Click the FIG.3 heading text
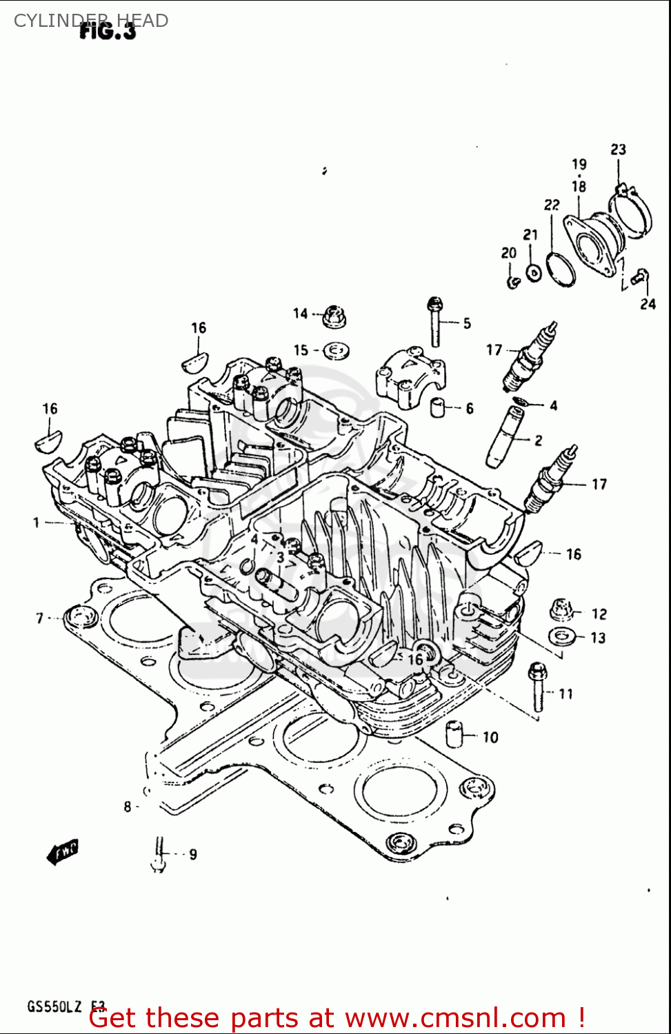tap(108, 30)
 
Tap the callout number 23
tap(618, 150)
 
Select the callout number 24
tap(648, 304)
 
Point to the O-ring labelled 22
tap(561, 269)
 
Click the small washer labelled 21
tap(534, 272)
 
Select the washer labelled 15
tap(336, 351)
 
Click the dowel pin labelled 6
tap(437, 407)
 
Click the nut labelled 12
tap(562, 609)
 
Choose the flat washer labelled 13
tap(563, 636)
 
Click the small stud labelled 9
tap(159, 854)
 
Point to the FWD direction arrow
tap(63, 851)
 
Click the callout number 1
tap(36, 523)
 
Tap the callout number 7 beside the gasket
tap(40, 618)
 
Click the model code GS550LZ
tap(54, 1006)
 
